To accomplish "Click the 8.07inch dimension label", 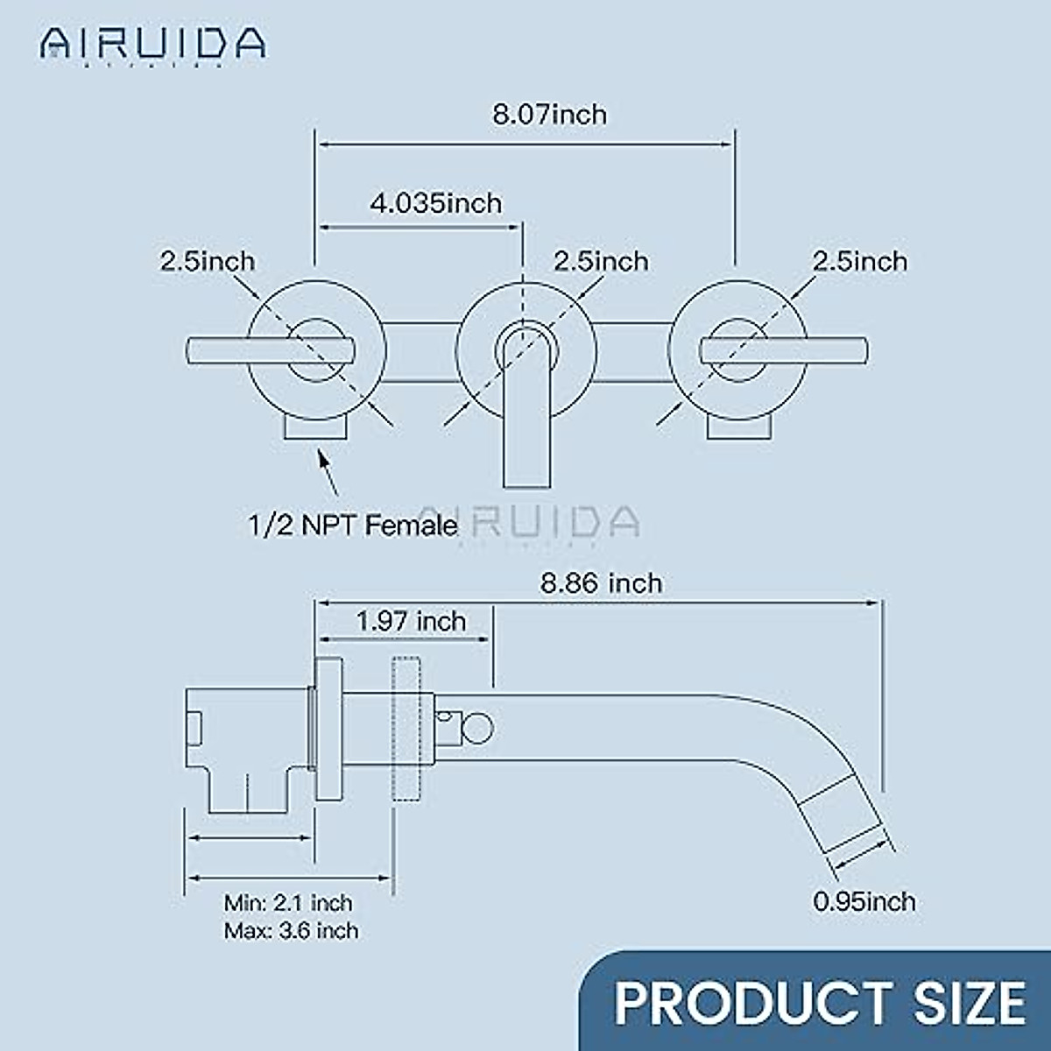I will pyautogui.click(x=549, y=115).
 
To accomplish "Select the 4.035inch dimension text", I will pyautogui.click(x=435, y=203).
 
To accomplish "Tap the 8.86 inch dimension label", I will pyautogui.click(x=601, y=583).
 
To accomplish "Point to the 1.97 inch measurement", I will pyautogui.click(x=411, y=621).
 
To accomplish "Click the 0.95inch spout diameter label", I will pyautogui.click(x=864, y=901).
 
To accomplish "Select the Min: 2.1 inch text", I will pyautogui.click(x=288, y=902).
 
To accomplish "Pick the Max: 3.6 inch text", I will pyautogui.click(x=291, y=930).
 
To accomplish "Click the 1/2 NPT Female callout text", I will pyautogui.click(x=353, y=525).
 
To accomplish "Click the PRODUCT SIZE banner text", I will pyautogui.click(x=819, y=1002).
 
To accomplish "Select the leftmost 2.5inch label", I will pyautogui.click(x=208, y=261).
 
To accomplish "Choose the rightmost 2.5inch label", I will pyautogui.click(x=860, y=261).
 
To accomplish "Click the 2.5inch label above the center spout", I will pyautogui.click(x=601, y=261).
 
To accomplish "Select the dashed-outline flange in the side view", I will pyautogui.click(x=407, y=729).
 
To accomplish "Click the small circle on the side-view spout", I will pyautogui.click(x=479, y=728).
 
